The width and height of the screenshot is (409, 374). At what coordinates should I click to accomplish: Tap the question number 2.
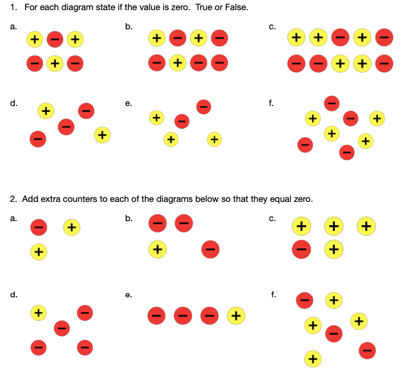13,199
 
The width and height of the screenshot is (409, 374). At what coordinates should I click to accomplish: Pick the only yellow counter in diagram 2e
235,316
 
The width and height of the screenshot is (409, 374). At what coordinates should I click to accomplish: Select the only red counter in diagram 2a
37,227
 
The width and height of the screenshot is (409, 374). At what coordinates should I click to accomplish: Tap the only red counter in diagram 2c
301,249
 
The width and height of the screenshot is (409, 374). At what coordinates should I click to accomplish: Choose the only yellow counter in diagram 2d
38,313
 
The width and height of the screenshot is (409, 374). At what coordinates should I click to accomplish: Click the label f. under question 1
272,104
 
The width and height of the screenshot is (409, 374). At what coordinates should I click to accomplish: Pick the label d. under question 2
13,294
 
